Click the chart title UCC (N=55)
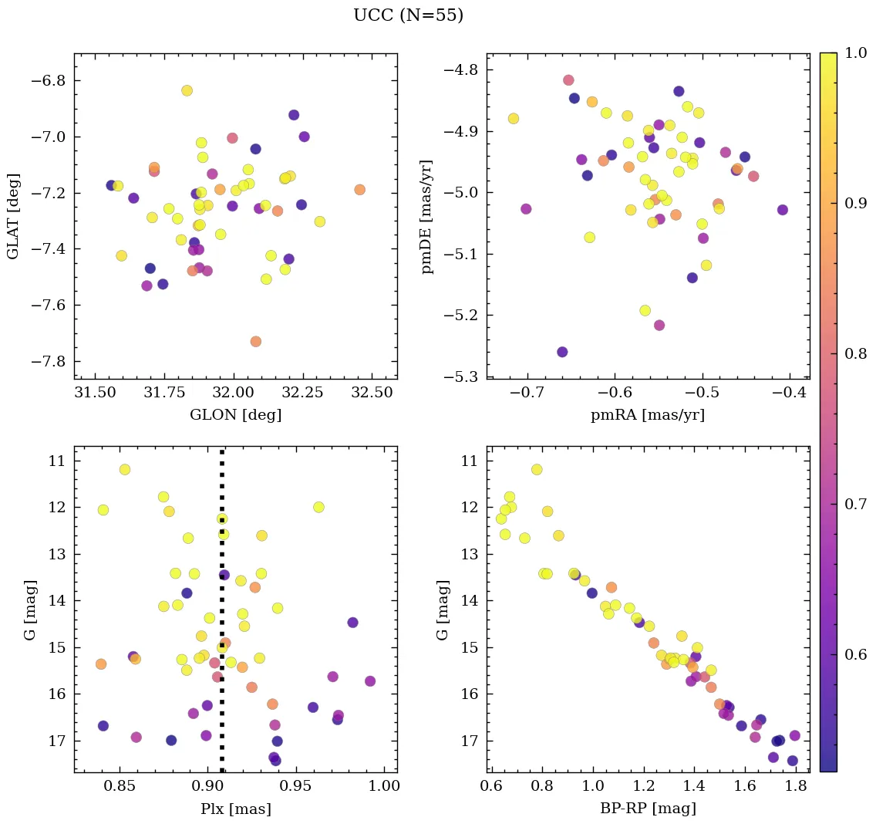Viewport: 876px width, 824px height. pos(408,15)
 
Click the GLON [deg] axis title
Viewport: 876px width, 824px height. pos(235,415)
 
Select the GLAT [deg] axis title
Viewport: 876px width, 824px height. pos(13,216)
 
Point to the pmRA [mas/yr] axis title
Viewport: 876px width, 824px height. pos(648,415)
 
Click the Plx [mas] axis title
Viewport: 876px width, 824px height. pos(235,809)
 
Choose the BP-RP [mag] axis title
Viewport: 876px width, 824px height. pos(648,809)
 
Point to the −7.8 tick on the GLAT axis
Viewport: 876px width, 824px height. pos(48,362)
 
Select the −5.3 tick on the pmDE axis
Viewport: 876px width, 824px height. pos(461,377)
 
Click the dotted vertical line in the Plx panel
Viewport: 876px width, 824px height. pos(222,617)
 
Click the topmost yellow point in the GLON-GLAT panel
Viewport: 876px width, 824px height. pos(187,91)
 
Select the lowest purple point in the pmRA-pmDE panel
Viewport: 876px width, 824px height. pos(562,352)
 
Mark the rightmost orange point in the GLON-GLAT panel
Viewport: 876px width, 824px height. pos(359,190)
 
